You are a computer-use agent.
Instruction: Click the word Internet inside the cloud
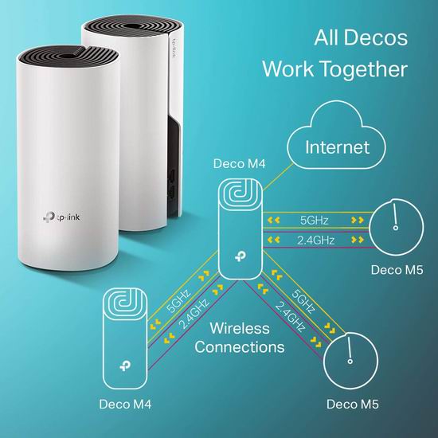tap(337, 147)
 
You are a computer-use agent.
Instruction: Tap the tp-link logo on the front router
tap(62, 217)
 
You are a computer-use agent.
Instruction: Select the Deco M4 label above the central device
tap(239, 164)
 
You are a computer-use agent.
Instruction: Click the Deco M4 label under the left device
tap(125, 405)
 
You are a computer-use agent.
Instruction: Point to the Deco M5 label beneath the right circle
tap(397, 270)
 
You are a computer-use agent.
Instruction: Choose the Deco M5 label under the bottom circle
tap(353, 405)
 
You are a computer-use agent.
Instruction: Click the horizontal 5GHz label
tap(315, 221)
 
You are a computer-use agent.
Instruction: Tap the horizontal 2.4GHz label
tap(315, 241)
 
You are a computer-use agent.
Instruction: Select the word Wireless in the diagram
tap(240, 328)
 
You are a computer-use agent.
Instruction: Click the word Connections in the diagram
tap(240, 347)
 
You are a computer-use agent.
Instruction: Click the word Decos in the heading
tap(375, 37)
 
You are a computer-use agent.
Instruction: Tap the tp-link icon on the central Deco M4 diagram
tap(241, 256)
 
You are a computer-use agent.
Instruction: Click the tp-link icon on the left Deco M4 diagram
tap(125, 366)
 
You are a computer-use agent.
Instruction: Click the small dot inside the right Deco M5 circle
tap(396, 228)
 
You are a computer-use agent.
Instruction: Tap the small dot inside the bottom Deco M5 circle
tap(350, 362)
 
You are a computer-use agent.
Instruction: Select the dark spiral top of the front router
tap(68, 57)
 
